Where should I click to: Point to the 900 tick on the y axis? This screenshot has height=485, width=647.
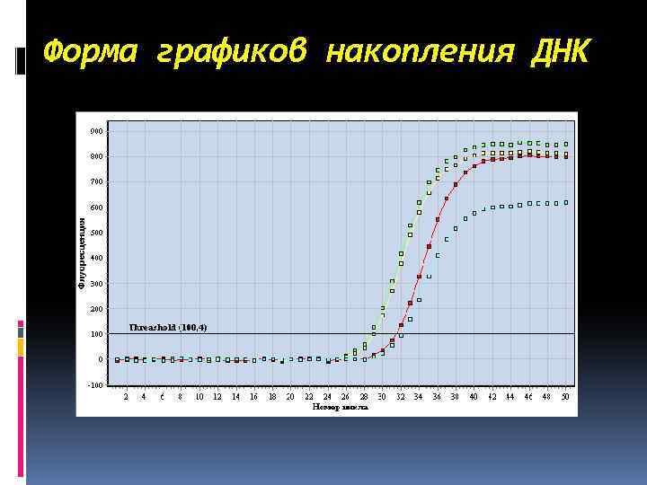coord(96,131)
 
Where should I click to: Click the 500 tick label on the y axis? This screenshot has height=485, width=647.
coord(96,233)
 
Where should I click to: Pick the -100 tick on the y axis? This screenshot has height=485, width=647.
coord(95,384)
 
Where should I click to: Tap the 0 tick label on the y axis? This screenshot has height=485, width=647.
coord(101,359)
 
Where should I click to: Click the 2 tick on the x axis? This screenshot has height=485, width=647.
coord(126,396)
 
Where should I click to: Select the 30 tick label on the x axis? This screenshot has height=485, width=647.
coord(382,396)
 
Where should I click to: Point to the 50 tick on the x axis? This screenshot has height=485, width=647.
coord(565,396)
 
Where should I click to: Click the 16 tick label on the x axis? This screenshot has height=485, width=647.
coord(254,396)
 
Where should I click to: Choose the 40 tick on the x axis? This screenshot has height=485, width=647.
coord(474,396)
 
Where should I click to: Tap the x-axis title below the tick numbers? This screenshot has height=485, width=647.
coord(340,407)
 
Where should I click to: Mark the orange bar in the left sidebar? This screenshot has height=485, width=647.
coord(21,348)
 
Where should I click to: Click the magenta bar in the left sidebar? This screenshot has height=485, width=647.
coord(21,324)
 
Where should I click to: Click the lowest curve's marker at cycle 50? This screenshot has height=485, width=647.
coord(566,202)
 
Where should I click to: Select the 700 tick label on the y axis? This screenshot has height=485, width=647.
coord(96,181)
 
